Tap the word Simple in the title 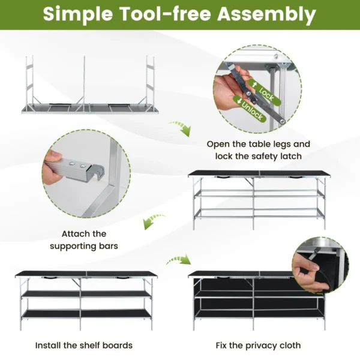tap(76, 14)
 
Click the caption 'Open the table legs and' tap(259, 144)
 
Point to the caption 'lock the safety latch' tap(259, 156)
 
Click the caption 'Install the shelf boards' tap(83, 345)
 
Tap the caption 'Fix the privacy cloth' tap(258, 345)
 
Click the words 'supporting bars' tap(84, 246)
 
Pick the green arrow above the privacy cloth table tap(178, 259)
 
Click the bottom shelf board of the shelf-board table tap(84, 313)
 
